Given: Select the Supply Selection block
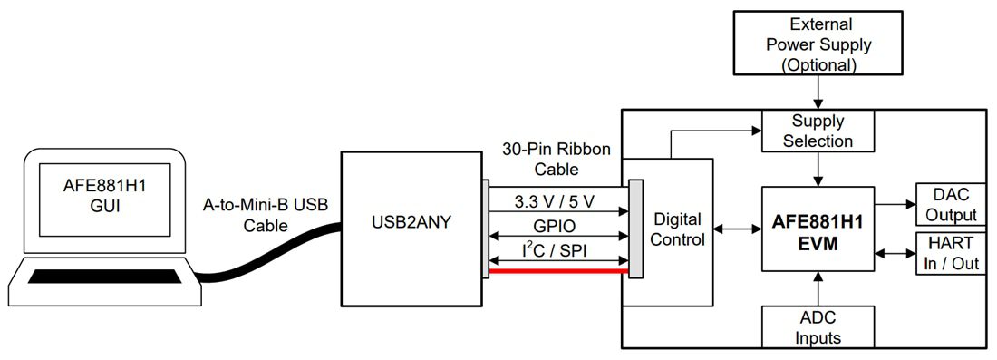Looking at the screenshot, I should pyautogui.click(x=818, y=131).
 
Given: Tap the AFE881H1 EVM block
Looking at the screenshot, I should pyautogui.click(x=818, y=229).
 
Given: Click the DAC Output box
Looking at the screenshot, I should pyautogui.click(x=951, y=204).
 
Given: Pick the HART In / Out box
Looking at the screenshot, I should pyautogui.click(x=951, y=253).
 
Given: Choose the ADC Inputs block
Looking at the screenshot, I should pyautogui.click(x=818, y=326).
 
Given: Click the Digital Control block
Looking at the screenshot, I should pyautogui.click(x=678, y=229).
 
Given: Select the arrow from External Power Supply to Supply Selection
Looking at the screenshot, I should pyautogui.click(x=819, y=92).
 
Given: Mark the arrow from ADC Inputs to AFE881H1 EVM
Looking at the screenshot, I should pyautogui.click(x=819, y=289).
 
